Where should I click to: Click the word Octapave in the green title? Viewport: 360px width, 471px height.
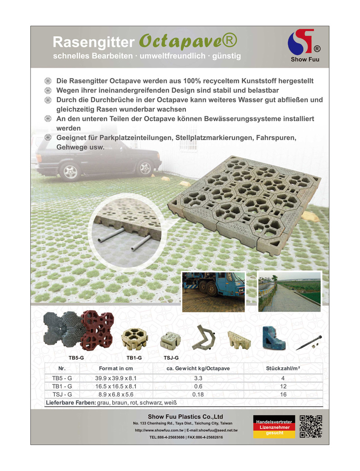point(180,41)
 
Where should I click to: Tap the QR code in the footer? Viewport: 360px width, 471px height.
point(311,426)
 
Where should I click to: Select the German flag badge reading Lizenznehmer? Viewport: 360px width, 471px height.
point(274,427)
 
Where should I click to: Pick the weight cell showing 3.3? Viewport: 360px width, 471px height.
point(198,378)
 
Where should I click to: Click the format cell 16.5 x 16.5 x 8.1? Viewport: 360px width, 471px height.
point(116,386)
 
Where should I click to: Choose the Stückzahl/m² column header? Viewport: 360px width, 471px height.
point(283,368)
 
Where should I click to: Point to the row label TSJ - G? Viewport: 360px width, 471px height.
point(62,394)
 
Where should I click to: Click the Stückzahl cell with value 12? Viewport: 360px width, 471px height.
point(283,386)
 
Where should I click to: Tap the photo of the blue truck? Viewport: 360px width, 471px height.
point(213,292)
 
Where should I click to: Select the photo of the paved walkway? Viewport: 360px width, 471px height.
point(289,292)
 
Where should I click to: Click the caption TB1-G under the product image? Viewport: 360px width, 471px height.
point(134,358)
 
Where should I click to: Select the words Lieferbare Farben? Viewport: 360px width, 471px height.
point(71,403)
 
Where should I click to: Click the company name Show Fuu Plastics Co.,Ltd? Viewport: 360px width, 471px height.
point(185,416)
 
